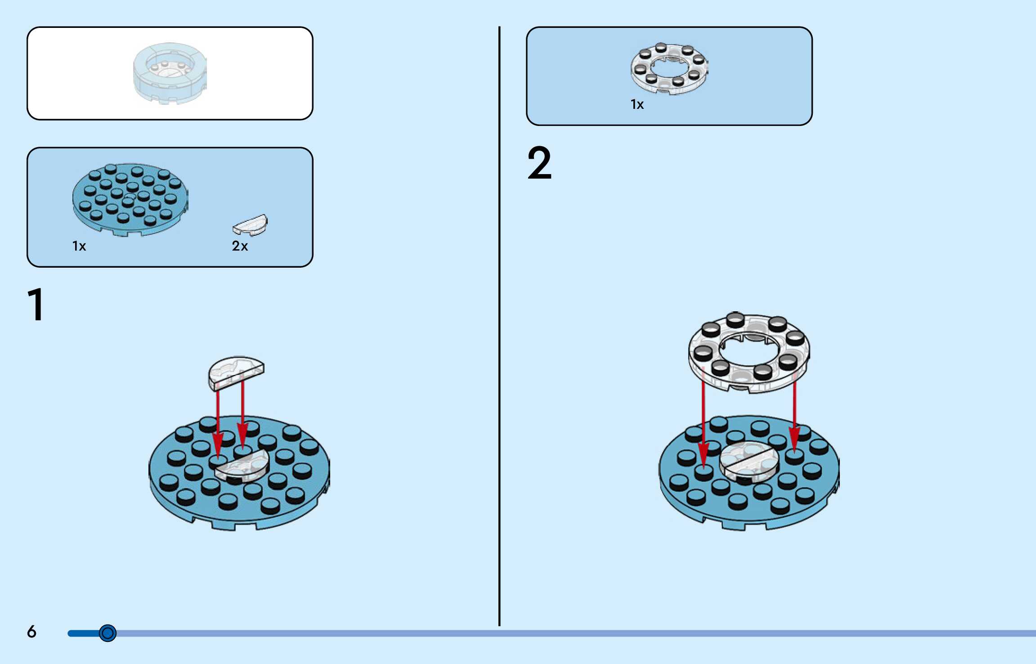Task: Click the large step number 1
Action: (36, 305)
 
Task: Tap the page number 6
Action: (31, 632)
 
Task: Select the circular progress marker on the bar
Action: (108, 633)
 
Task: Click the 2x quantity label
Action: (240, 246)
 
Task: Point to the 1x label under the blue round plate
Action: (79, 246)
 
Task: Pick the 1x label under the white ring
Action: (637, 104)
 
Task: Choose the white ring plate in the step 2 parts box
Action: (669, 69)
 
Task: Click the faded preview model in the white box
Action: (170, 73)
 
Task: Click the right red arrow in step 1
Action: (243, 414)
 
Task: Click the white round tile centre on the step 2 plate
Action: (749, 461)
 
